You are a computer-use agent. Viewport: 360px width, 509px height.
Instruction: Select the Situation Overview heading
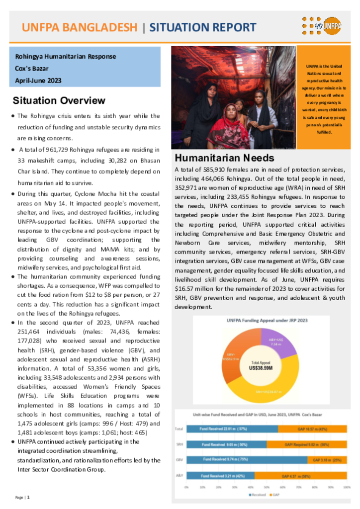coord(59,100)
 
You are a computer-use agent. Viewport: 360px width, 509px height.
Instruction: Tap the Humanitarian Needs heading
coord(224,158)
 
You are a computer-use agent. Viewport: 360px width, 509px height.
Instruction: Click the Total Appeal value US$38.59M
coord(261,368)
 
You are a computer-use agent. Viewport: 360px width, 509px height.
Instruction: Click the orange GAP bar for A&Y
coord(301,476)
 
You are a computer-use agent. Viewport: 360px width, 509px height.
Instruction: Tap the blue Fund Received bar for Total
coord(232,428)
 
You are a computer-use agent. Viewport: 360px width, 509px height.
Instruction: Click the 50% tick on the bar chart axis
coord(267,487)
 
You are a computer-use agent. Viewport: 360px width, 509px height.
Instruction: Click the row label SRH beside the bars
coord(179,444)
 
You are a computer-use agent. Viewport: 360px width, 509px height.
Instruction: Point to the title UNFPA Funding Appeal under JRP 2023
coord(261,321)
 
